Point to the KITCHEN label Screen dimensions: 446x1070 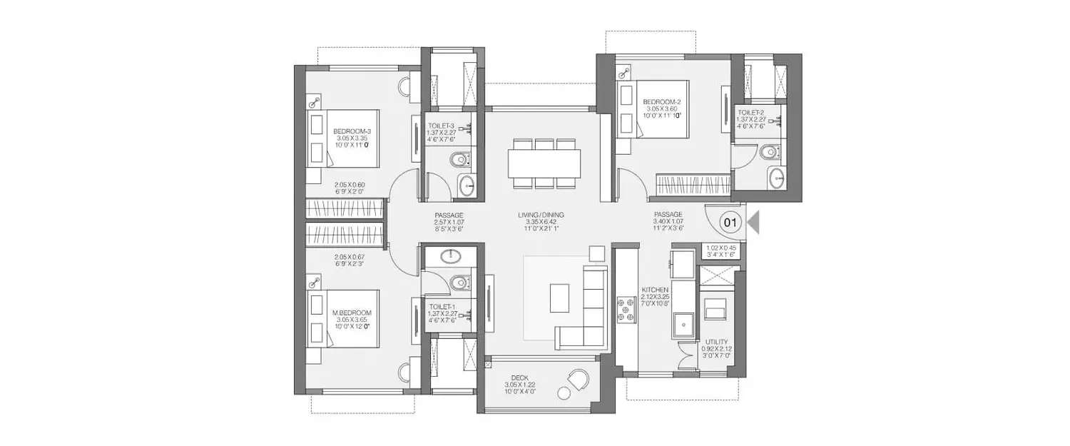(654, 290)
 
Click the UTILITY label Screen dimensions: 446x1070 (716, 343)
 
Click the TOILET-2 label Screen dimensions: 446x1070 (751, 112)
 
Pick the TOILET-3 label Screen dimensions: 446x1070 (442, 126)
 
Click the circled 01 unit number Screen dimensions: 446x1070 (730, 222)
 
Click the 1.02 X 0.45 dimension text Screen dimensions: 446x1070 (720, 249)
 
